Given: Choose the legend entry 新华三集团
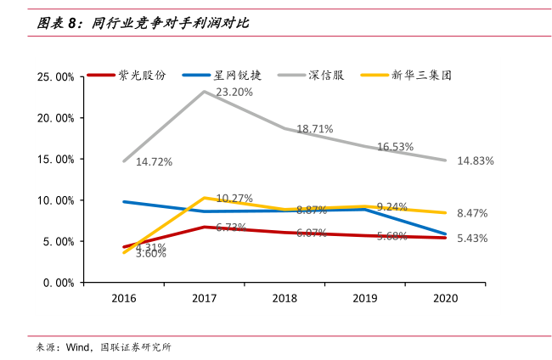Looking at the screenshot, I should tap(420, 75).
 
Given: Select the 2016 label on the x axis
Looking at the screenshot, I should tap(124, 299).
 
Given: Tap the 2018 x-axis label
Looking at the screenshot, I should tap(284, 299).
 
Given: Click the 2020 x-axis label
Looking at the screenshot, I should tap(445, 299).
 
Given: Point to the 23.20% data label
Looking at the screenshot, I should tap(234, 92).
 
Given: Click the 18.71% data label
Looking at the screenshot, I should tap(314, 129).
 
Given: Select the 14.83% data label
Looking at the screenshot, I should tap(476, 160).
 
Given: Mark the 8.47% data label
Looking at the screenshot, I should tap(472, 213).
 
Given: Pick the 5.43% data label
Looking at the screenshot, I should tap(472, 239).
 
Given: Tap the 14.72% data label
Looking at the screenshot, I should tap(154, 161).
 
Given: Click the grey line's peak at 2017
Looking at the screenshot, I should tap(204, 91).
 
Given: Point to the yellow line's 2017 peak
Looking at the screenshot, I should tap(204, 198).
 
